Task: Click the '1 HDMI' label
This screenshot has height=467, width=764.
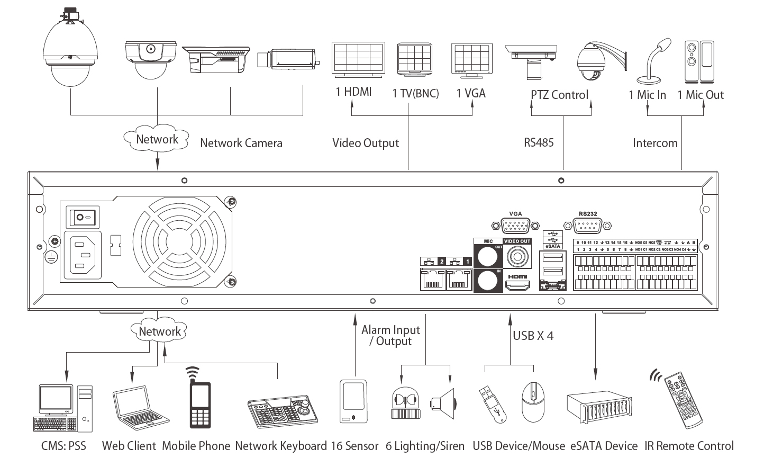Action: pos(353,92)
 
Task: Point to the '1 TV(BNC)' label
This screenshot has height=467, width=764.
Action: pos(415,94)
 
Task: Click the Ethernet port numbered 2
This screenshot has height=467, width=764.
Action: pos(433,280)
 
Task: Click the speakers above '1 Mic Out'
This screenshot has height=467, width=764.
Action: pos(699,61)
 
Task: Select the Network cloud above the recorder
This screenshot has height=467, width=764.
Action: pos(157,139)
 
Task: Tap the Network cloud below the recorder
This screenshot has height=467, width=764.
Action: pos(159,332)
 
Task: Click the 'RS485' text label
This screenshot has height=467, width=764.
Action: pos(539,142)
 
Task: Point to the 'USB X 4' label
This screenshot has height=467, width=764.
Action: pos(533,335)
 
